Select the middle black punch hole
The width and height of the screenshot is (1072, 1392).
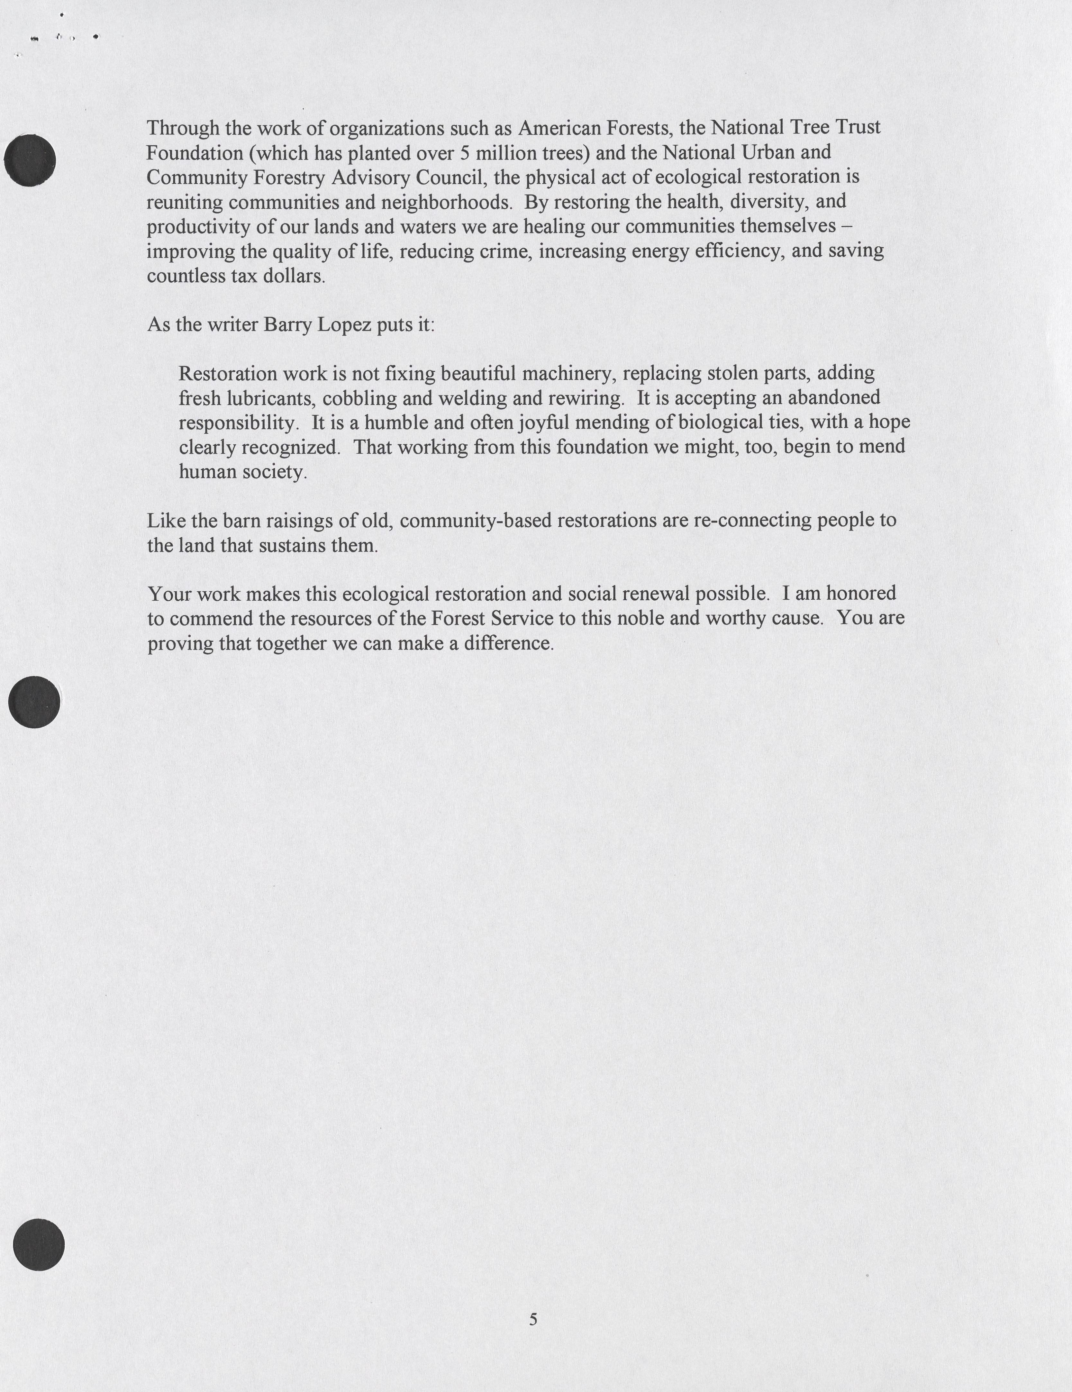(x=34, y=702)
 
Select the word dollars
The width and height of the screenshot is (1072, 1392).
(x=293, y=276)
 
